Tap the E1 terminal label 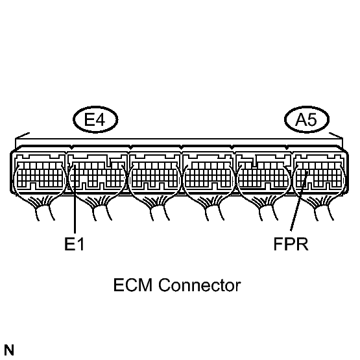pyautogui.click(x=75, y=244)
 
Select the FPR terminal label pyautogui.click(x=291, y=244)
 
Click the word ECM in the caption pyautogui.click(x=133, y=285)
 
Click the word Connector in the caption pyautogui.click(x=200, y=285)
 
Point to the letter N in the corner pyautogui.click(x=9, y=350)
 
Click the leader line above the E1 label pyautogui.click(x=75, y=199)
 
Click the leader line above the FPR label pyautogui.click(x=299, y=201)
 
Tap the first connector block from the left pyautogui.click(x=40, y=173)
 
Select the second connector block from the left pyautogui.click(x=97, y=173)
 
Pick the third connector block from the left pyautogui.click(x=154, y=173)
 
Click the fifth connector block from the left pyautogui.click(x=263, y=173)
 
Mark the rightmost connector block pyautogui.click(x=319, y=173)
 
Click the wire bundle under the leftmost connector pyautogui.click(x=43, y=208)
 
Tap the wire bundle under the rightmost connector pyautogui.click(x=322, y=208)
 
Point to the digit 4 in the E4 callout pyautogui.click(x=101, y=119)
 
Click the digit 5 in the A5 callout pyautogui.click(x=312, y=119)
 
